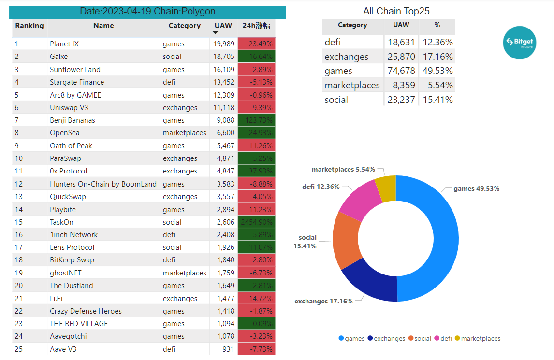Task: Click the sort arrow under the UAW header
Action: (x=216, y=32)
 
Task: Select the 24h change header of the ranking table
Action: (x=256, y=26)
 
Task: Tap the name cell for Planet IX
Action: (x=64, y=44)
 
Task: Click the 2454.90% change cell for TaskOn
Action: (x=256, y=222)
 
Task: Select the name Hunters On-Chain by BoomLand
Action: (x=103, y=184)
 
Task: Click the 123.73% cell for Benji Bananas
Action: (x=256, y=120)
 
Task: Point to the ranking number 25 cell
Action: (x=19, y=349)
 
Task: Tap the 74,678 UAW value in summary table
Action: (x=401, y=71)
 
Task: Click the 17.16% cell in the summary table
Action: (x=437, y=57)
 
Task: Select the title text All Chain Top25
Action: (x=396, y=11)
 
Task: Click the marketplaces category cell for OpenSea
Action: (x=184, y=133)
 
